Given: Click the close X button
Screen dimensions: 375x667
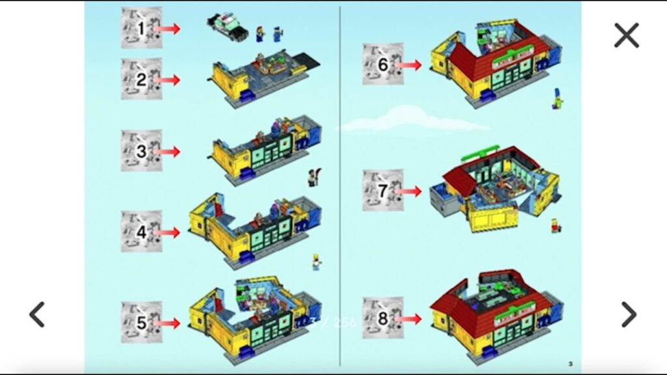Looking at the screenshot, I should click(x=627, y=35).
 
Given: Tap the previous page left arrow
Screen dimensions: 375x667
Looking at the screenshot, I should click(x=37, y=314).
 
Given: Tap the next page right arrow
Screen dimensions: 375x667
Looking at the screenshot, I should click(x=629, y=314).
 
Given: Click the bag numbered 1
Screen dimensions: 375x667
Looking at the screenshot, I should click(x=141, y=28).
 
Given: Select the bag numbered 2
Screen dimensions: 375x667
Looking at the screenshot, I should click(x=141, y=79).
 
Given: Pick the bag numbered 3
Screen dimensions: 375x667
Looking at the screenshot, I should click(x=141, y=151).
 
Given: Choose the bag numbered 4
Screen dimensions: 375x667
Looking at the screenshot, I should click(x=141, y=232).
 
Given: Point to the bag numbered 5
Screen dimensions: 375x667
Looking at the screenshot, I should click(x=141, y=322).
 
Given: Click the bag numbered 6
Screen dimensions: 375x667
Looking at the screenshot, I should click(x=383, y=64).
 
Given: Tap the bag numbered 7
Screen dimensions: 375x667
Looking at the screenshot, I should click(x=383, y=191).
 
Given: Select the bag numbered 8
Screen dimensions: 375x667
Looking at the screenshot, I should click(x=383, y=318).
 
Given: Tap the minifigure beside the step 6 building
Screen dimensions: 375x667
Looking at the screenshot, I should click(x=558, y=99).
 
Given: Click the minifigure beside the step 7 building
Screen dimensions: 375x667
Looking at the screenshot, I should click(x=556, y=225).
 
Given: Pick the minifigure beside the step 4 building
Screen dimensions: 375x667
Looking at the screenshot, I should click(x=317, y=261).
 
